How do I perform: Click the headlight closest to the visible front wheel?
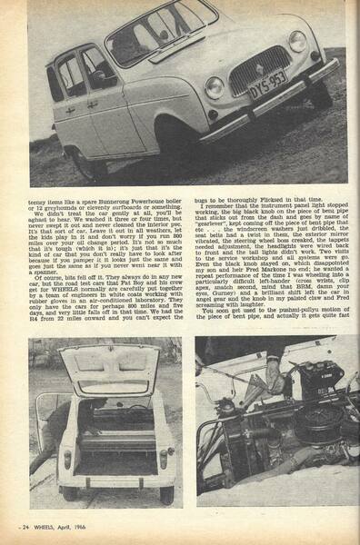(215, 88)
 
